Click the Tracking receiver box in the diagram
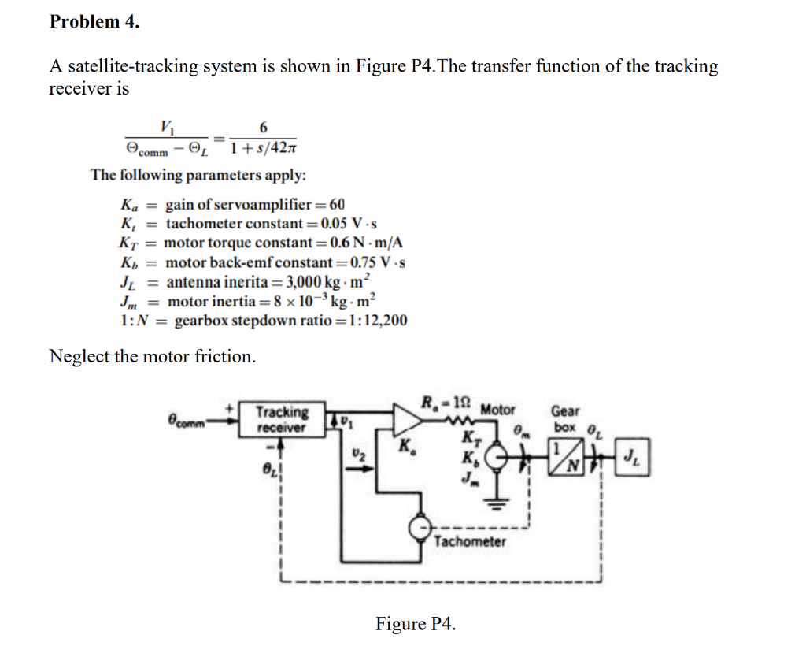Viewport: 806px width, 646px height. click(282, 419)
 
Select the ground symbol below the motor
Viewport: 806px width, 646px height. click(497, 505)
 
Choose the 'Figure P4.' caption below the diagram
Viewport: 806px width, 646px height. click(416, 624)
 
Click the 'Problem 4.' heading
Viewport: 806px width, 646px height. click(94, 22)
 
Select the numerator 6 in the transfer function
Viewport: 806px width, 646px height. click(263, 127)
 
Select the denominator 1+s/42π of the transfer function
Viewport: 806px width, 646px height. click(263, 147)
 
